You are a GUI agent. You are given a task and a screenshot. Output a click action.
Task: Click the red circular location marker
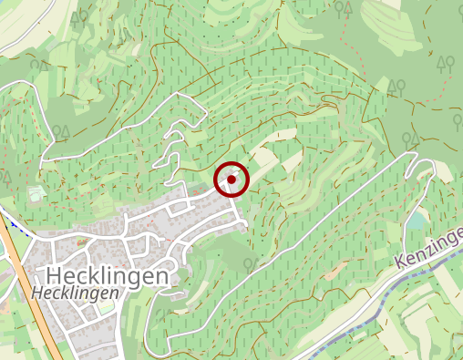point(231,180)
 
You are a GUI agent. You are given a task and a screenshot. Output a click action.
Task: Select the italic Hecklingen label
point(76,293)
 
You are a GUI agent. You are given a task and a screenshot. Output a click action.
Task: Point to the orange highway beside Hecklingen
point(25,273)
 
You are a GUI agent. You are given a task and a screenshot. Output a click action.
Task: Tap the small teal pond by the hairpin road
point(417,221)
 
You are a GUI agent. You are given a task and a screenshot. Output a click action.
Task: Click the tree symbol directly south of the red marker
point(250,264)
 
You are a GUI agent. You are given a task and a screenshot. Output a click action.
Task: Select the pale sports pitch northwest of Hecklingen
point(36,194)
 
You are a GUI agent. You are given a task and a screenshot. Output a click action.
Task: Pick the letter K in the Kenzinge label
point(403,262)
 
